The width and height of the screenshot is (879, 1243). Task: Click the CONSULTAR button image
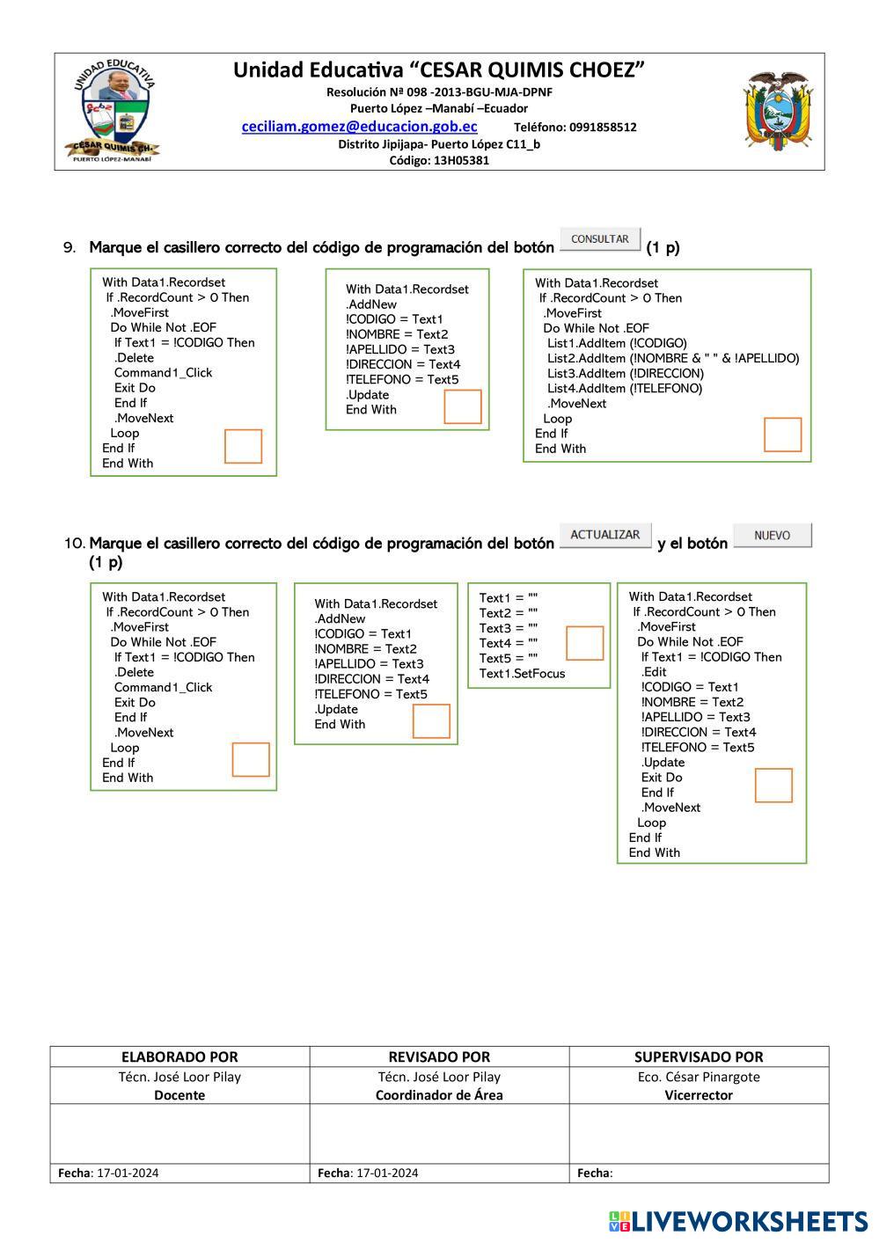point(600,239)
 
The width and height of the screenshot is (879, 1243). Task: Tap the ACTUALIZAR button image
point(605,535)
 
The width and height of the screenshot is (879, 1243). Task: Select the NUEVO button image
point(772,536)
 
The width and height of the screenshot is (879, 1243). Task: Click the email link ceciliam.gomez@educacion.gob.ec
point(359,127)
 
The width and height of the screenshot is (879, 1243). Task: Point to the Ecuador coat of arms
point(776,112)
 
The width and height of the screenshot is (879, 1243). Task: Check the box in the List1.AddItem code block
point(782,435)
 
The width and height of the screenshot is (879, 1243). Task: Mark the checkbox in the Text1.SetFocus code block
point(584,643)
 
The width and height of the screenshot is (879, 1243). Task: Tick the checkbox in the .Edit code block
point(773,785)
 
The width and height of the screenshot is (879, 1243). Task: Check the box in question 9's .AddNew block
point(463,406)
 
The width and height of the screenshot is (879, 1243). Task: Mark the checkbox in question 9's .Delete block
point(244,446)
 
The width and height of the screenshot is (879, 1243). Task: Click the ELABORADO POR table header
point(179,1057)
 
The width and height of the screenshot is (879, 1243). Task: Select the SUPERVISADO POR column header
point(699,1057)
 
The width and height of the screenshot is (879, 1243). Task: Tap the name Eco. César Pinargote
point(699,1077)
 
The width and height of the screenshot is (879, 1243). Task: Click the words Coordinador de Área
point(439,1095)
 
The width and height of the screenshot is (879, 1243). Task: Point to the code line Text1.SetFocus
point(522,674)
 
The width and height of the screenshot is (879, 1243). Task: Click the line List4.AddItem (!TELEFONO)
point(625,388)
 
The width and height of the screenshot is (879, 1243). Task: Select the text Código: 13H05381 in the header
point(439,160)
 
